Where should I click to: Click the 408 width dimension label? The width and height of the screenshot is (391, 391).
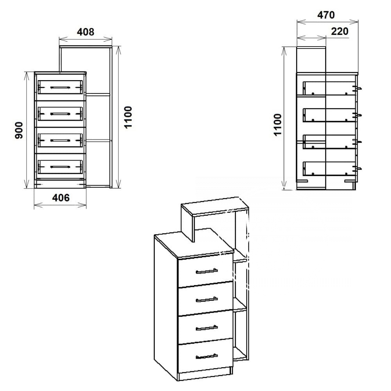pos(86,32)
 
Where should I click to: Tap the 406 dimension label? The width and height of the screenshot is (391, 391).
pos(61,198)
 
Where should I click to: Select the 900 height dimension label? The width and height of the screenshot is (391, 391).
pos(19,130)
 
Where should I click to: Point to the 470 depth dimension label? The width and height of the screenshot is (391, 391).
pos(326,15)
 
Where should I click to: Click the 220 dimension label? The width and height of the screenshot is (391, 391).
pos(340,31)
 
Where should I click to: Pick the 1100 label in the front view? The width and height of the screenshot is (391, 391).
pos(128,117)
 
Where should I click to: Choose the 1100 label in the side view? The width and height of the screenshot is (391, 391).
pos(278,125)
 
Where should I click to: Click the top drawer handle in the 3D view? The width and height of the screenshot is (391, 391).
pos(207,271)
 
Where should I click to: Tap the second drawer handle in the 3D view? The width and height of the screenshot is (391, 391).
pos(207,299)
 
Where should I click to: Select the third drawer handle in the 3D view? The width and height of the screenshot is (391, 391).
pos(207,328)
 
